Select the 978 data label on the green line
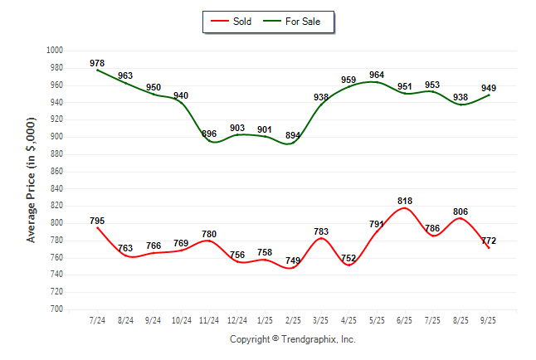[97, 63]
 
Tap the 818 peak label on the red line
[405, 201]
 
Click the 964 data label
[377, 75]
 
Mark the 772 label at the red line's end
[490, 241]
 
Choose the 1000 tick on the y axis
[56, 51]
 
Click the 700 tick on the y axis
[56, 309]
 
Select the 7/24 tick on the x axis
[97, 320]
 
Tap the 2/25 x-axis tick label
[293, 320]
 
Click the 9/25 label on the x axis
[489, 320]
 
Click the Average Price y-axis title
[32, 179]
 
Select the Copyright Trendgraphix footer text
[292, 340]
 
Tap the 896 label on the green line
[209, 134]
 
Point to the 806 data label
[460, 212]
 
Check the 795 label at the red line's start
[97, 221]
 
